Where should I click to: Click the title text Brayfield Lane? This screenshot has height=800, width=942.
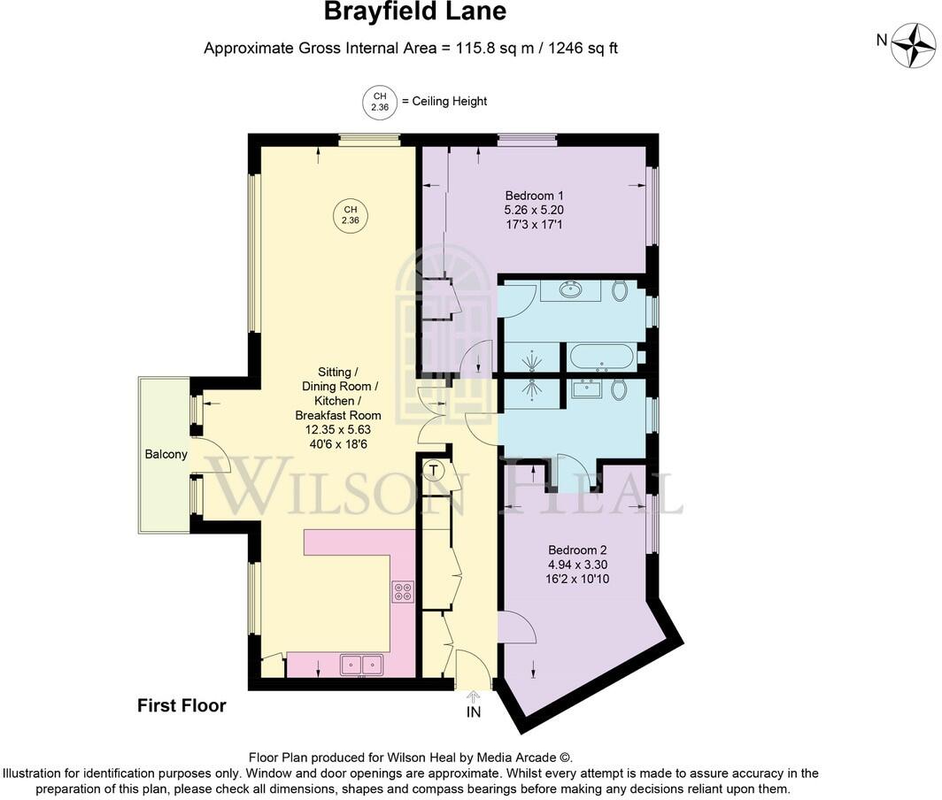(414, 12)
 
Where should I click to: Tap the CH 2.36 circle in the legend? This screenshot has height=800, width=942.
(380, 102)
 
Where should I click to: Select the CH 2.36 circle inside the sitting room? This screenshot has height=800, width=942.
(351, 215)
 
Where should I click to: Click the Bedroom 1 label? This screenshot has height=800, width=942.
(534, 196)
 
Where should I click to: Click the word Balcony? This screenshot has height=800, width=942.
(166, 455)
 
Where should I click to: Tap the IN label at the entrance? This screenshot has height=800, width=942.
(474, 712)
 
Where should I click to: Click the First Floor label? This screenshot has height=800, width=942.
(181, 705)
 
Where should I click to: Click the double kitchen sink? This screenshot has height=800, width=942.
(361, 664)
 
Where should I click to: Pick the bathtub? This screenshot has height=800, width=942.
(601, 358)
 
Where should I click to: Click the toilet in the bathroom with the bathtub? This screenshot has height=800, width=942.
(619, 288)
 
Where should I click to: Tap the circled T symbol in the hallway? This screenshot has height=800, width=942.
(434, 471)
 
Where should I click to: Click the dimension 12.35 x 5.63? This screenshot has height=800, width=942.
(338, 430)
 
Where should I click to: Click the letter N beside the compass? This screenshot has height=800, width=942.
(881, 39)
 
